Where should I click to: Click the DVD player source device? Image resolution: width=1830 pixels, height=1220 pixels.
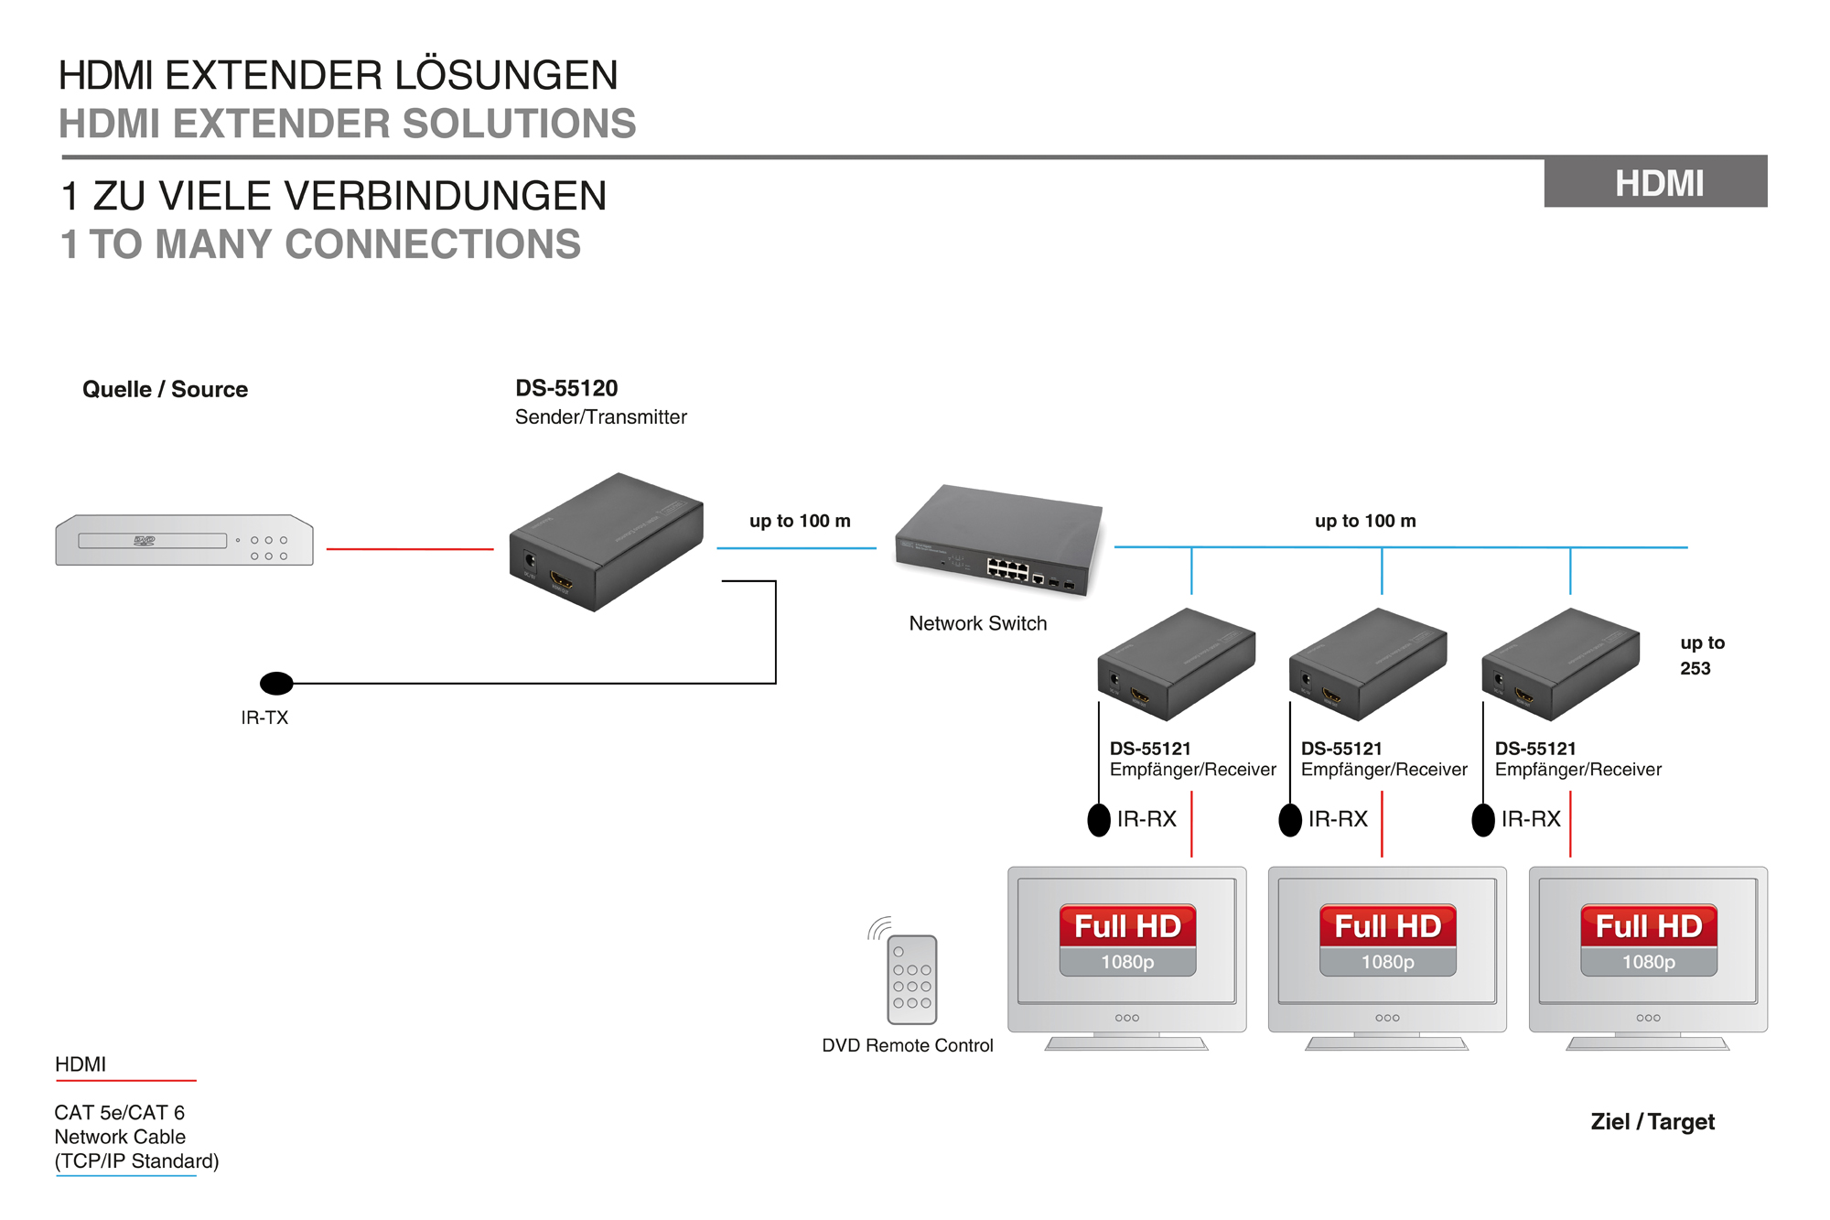coord(184,540)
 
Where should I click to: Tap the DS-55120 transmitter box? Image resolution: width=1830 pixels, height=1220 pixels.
coord(606,542)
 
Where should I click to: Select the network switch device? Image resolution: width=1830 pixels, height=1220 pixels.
coord(1000,540)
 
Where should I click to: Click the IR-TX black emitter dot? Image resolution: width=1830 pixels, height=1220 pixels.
coord(276,683)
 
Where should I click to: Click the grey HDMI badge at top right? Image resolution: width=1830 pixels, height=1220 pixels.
coord(1655,182)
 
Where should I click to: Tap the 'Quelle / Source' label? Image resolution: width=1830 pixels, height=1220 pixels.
coord(165,389)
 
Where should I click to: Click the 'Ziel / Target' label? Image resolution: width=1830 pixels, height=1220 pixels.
coord(1652,1121)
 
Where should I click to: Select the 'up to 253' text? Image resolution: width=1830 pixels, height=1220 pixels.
coord(1701,655)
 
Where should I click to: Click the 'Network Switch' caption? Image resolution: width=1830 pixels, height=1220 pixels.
coord(977,623)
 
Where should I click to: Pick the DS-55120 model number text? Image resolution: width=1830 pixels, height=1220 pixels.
coord(566,388)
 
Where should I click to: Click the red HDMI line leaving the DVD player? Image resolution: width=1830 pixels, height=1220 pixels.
coord(409,549)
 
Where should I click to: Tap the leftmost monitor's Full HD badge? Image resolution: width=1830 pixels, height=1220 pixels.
coord(1127,926)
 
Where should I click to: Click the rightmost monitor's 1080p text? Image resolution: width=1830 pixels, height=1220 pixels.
coord(1648,962)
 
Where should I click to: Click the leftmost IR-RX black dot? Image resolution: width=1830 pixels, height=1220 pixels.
coord(1099,819)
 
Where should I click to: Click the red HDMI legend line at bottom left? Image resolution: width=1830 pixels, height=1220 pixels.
coord(126,1081)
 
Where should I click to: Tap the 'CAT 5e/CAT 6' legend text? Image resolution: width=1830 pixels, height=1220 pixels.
coord(119,1112)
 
